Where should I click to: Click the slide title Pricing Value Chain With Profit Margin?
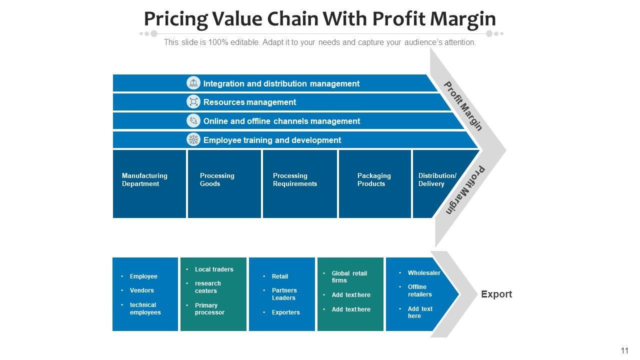(x=319, y=19)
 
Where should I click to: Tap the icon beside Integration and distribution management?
(x=193, y=83)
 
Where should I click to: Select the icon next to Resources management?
(x=193, y=102)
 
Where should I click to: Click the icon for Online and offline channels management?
(x=193, y=121)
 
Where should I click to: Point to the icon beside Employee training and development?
(x=193, y=140)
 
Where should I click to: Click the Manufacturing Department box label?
(x=144, y=179)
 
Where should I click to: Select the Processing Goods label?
(x=217, y=179)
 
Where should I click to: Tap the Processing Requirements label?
(x=295, y=179)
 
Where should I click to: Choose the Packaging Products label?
(x=374, y=179)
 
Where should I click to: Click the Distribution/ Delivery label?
(x=437, y=179)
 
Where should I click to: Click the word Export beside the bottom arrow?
(x=496, y=294)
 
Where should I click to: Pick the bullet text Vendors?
(x=142, y=290)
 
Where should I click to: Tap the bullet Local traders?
(x=214, y=269)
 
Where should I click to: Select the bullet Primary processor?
(x=209, y=309)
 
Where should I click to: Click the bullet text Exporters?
(x=286, y=312)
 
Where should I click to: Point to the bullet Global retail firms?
(x=349, y=277)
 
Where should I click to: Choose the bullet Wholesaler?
(x=424, y=273)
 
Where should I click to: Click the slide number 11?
(x=624, y=351)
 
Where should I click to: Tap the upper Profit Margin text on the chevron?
(x=463, y=106)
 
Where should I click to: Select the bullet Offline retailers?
(x=419, y=290)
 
